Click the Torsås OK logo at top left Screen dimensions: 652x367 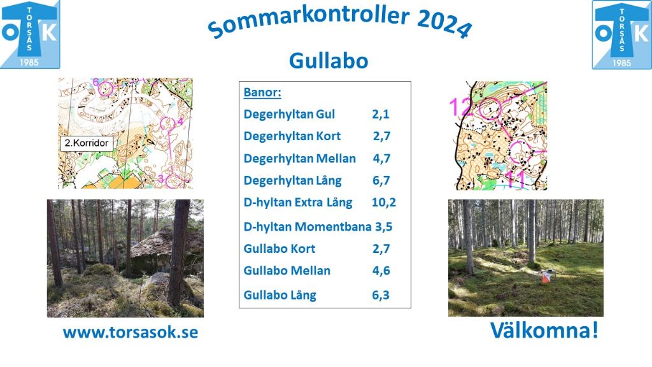coord(30,34)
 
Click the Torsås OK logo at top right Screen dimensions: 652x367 coord(621,34)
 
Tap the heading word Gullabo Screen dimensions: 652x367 coord(329,61)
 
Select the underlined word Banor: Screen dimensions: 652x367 coord(262,92)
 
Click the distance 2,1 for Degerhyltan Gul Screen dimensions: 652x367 coord(381,114)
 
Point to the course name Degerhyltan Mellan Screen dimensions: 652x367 coord(300,159)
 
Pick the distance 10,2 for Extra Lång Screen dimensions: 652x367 coord(384,202)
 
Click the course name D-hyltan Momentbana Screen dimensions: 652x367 coord(308,227)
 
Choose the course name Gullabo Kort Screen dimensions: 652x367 coord(280,249)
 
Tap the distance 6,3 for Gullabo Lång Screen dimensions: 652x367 coord(381,295)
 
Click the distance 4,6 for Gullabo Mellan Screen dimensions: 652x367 coord(381,270)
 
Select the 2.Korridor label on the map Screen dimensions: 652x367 coord(87,143)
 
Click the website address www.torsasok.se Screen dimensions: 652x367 coord(131,333)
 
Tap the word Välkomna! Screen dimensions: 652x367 coord(544,331)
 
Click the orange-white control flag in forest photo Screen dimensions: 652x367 coord(546,277)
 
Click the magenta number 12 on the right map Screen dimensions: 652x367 coord(461,106)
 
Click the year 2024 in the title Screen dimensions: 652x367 coord(444,24)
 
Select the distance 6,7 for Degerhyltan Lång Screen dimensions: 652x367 coord(381,180)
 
